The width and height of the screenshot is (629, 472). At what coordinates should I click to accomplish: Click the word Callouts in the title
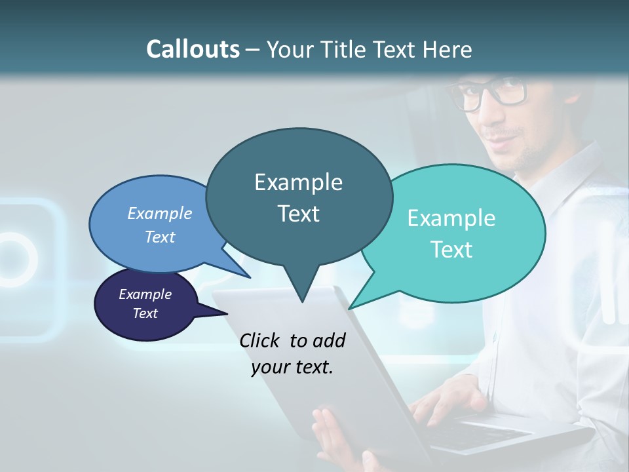pyautogui.click(x=193, y=49)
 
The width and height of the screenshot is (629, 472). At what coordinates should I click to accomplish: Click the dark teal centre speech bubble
pyautogui.click(x=299, y=197)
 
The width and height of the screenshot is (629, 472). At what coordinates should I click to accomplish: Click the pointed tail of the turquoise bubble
pyautogui.click(x=349, y=308)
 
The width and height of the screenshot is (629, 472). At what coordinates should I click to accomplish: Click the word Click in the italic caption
pyautogui.click(x=259, y=340)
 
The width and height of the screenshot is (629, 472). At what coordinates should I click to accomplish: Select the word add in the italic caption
pyautogui.click(x=330, y=340)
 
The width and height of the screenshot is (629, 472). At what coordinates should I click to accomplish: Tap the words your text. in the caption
pyautogui.click(x=292, y=367)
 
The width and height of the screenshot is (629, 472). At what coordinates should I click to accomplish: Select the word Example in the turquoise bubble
pyautogui.click(x=451, y=218)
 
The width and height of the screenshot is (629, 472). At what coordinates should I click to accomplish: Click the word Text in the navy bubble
pyautogui.click(x=145, y=313)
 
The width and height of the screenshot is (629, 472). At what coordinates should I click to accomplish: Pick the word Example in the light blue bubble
pyautogui.click(x=160, y=213)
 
